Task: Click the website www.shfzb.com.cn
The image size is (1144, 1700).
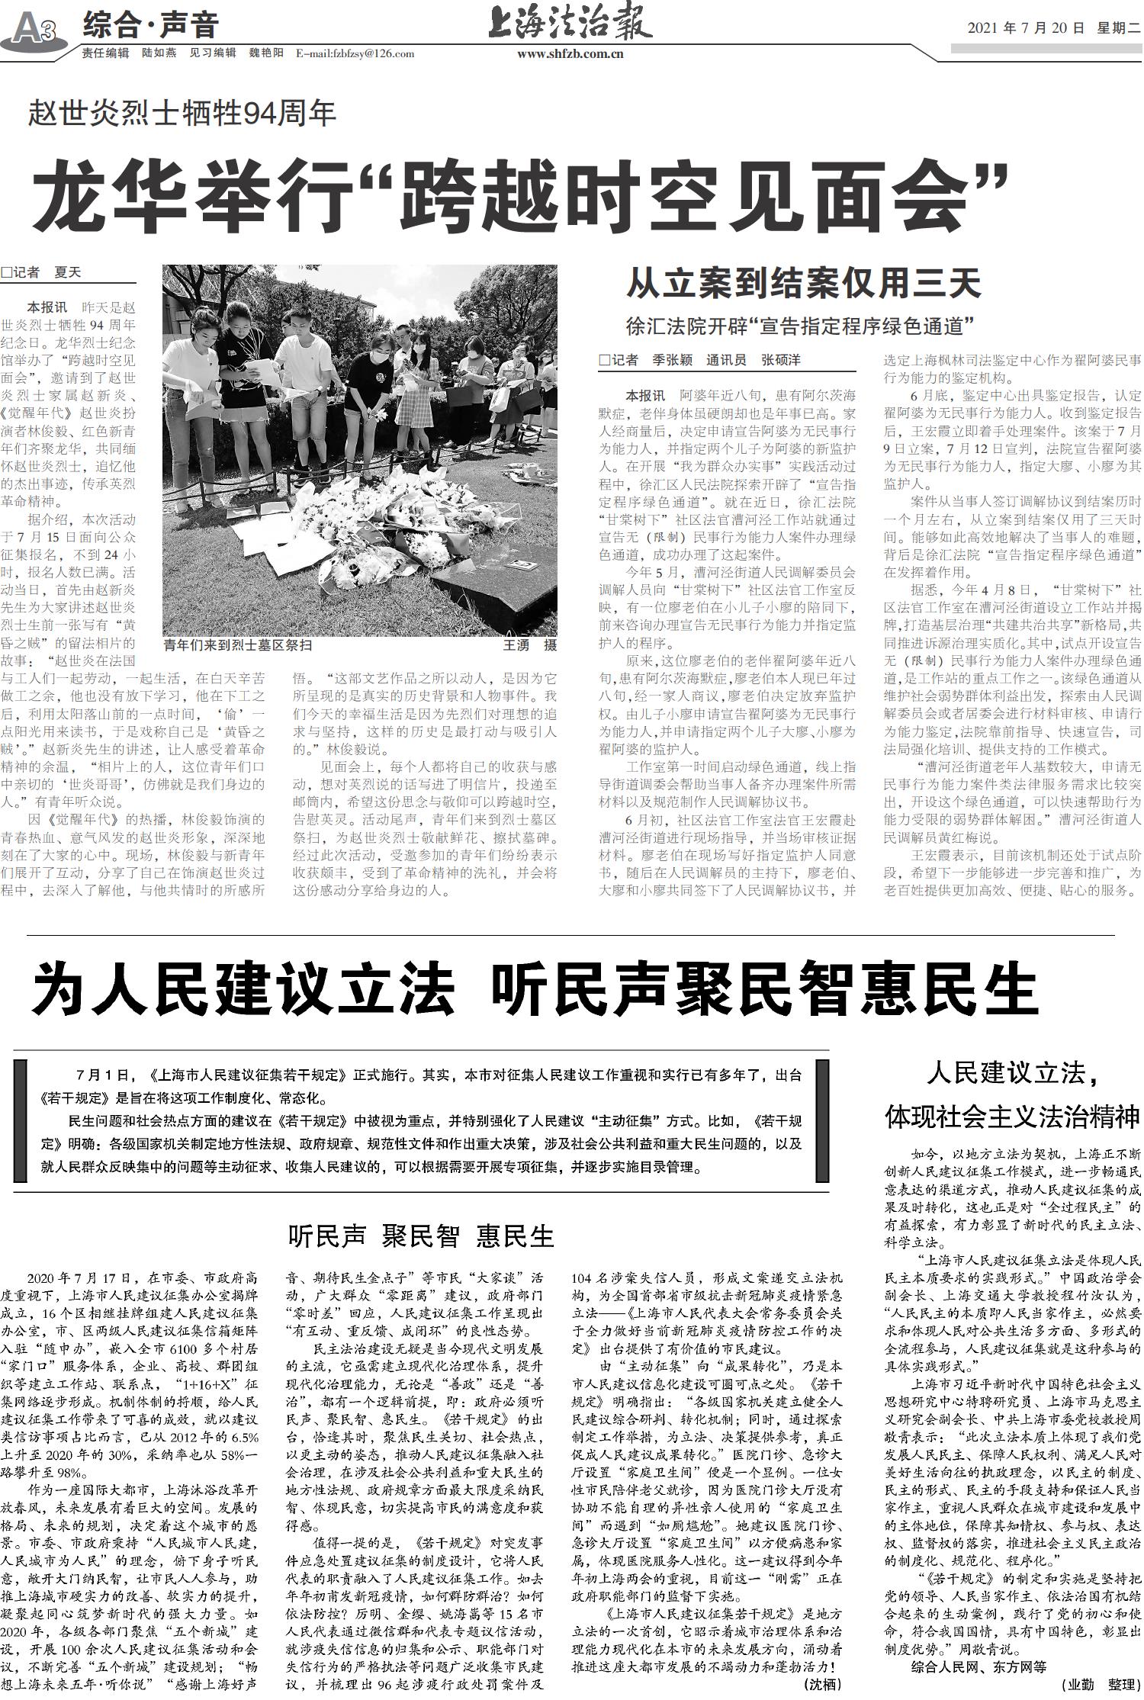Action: [x=570, y=54]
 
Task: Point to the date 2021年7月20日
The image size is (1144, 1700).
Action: [x=1025, y=29]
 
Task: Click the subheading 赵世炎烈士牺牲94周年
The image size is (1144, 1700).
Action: [x=182, y=114]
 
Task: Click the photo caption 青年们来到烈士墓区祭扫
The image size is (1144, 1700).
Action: [x=239, y=645]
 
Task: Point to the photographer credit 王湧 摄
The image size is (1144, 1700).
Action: [x=529, y=645]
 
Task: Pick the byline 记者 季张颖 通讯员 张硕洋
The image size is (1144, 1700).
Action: [x=700, y=360]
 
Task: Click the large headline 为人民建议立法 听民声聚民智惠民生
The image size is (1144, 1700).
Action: [x=535, y=988]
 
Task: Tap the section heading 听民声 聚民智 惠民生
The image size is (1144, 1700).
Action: [x=421, y=1236]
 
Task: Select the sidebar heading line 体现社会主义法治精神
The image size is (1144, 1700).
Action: [x=1012, y=1117]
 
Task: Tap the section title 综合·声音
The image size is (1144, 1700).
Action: [x=150, y=26]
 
